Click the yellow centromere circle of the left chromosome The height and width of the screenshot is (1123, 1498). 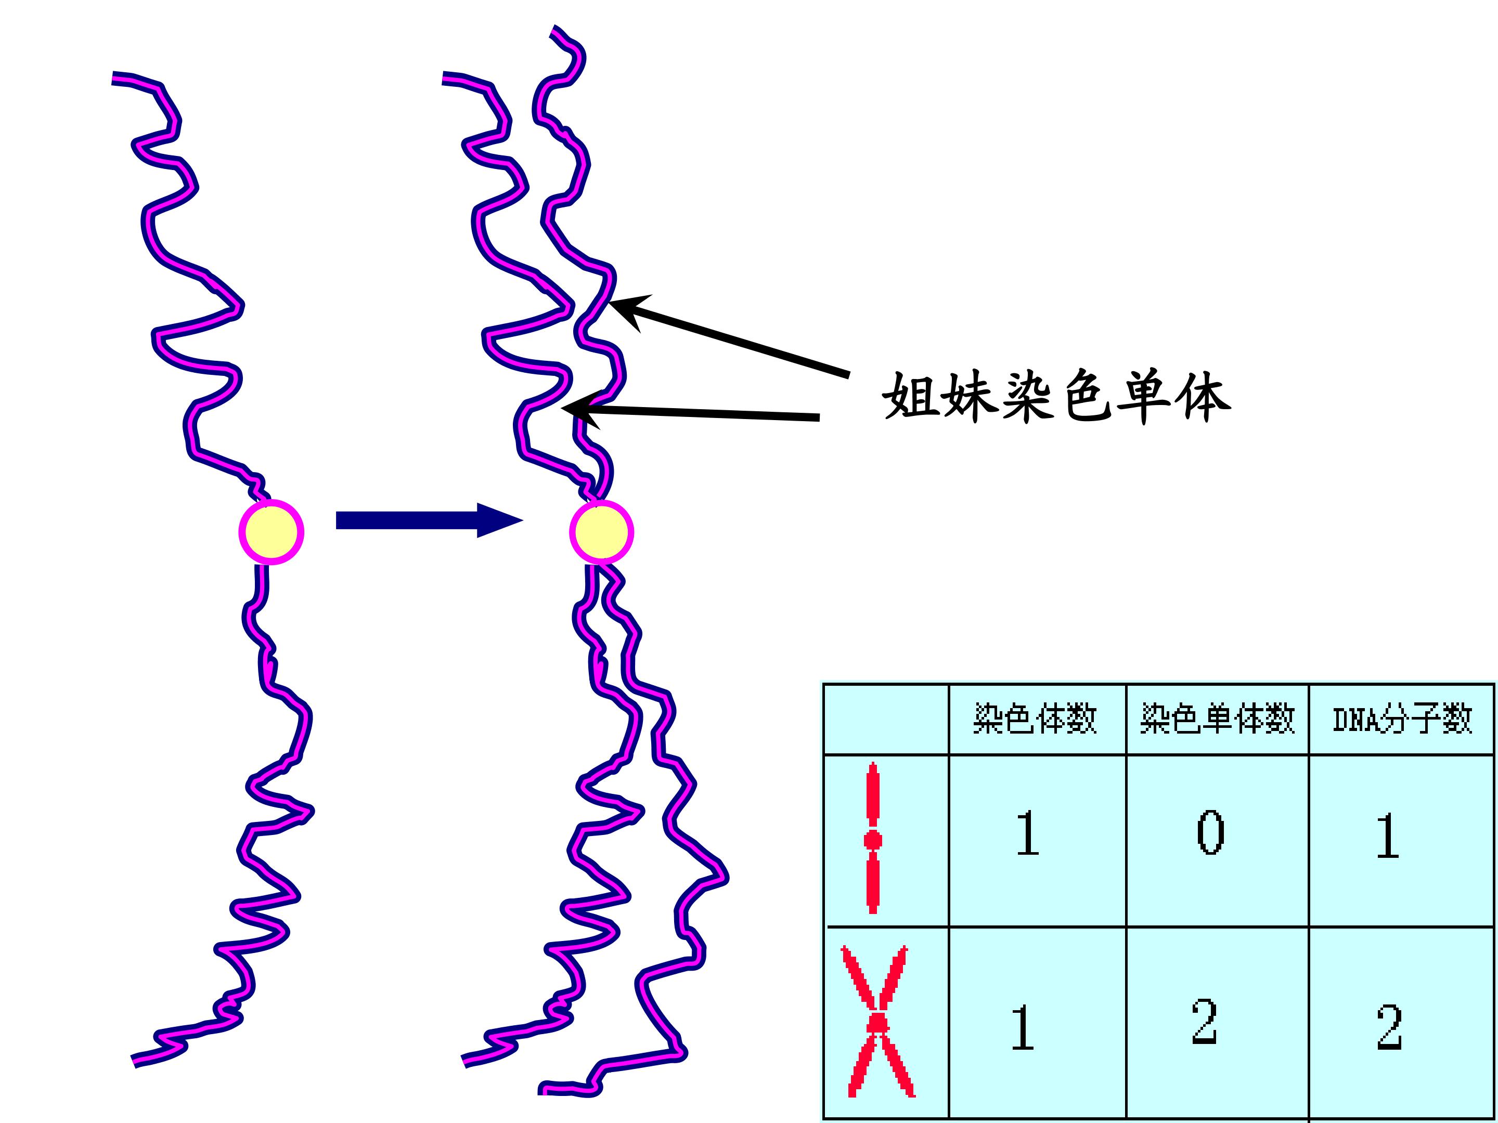pos(271,532)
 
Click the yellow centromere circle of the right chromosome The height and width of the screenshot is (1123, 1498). pos(601,532)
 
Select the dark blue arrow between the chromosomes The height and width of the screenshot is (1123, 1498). pos(429,520)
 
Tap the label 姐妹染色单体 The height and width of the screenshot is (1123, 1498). pos(1056,397)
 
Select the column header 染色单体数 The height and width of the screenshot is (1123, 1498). pos(1217,719)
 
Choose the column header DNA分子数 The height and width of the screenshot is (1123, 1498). pos(1402,719)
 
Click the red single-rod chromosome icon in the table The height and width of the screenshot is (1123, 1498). pos(873,838)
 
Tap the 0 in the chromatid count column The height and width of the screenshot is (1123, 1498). pos(1210,833)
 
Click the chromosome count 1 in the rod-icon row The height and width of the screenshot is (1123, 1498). pos(1028,834)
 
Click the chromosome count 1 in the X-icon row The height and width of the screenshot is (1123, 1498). pos(1023,1027)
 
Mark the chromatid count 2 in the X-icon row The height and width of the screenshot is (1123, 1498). pos(1205,1022)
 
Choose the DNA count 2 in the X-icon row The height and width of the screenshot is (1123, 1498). pos(1390,1027)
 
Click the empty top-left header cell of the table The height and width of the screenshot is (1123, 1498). pos(886,719)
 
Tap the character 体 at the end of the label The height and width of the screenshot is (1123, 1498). pos(1203,397)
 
